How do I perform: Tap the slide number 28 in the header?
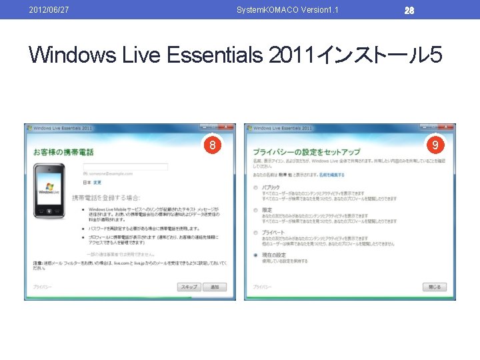[409, 10]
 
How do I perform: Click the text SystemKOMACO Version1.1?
[287, 9]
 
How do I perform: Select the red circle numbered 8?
[211, 145]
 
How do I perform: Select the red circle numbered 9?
[435, 144]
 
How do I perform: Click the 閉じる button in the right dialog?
[435, 287]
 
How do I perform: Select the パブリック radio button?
[256, 187]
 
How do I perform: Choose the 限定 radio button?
[256, 210]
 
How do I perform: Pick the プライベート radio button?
[256, 232]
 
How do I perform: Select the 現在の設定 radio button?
[256, 255]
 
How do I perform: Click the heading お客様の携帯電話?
[63, 152]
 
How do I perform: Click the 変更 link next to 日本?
[97, 182]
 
